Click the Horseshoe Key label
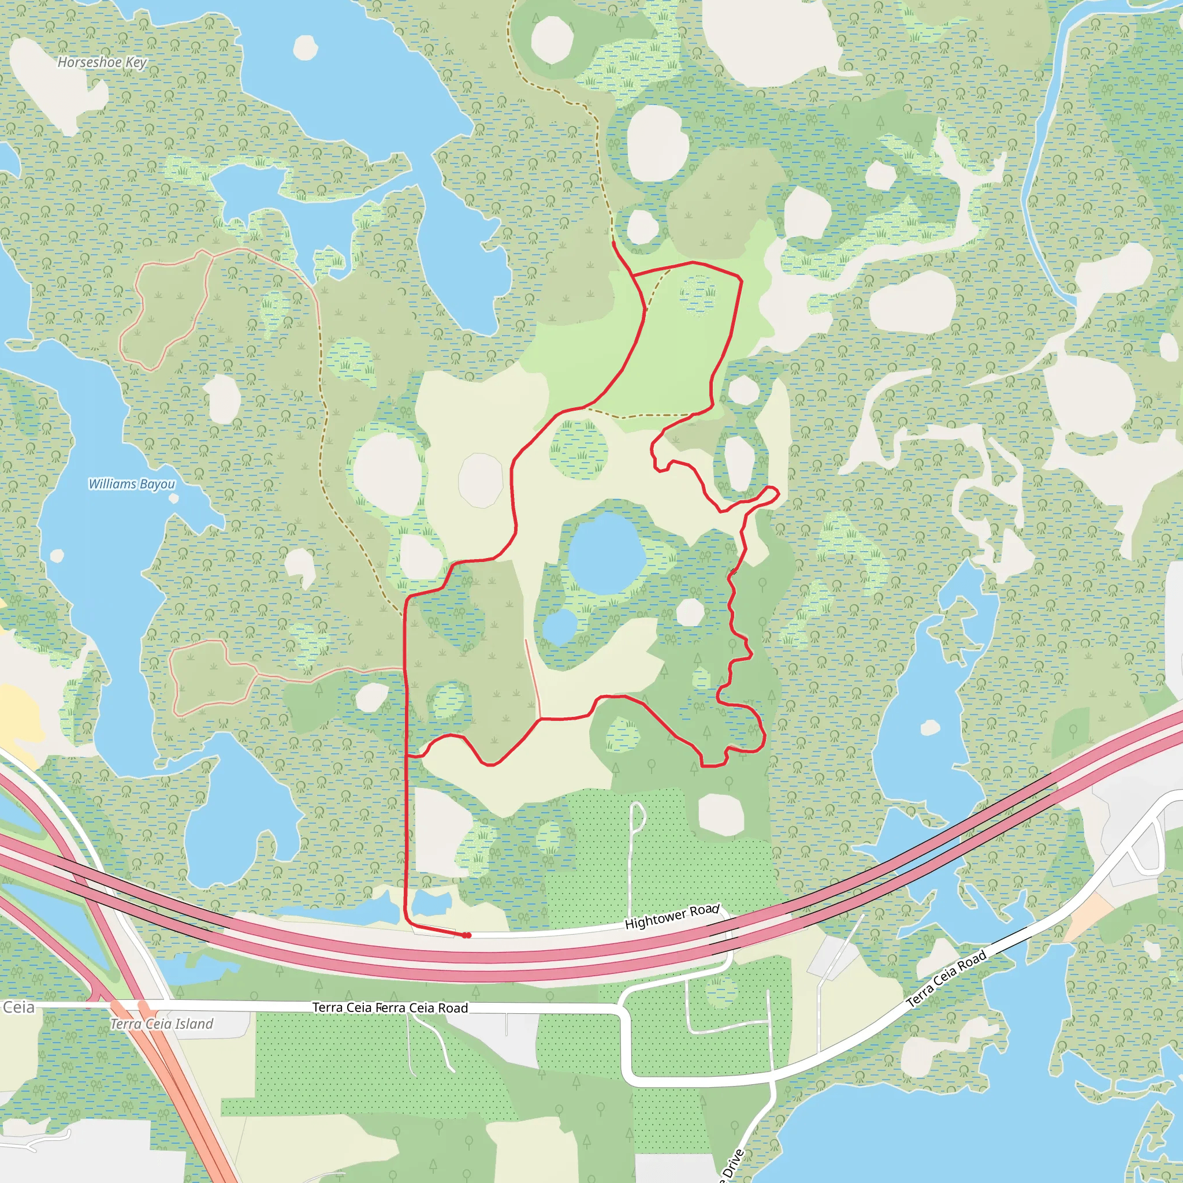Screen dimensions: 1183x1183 102,62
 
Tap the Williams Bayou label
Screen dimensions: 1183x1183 132,484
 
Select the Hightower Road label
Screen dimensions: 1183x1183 672,917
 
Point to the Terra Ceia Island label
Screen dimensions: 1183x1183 162,1024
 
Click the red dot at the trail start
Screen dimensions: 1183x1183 467,935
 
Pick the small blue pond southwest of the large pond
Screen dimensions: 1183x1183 560,626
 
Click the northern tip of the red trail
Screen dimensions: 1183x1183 613,243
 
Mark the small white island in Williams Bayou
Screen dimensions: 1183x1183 174,499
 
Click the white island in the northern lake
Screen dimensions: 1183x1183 305,47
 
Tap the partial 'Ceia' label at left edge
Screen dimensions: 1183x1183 18,1008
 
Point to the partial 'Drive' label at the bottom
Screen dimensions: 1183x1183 732,1166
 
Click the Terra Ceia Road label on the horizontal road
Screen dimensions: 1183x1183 390,1008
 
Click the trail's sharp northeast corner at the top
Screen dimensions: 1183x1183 741,279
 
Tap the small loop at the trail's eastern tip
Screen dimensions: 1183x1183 772,492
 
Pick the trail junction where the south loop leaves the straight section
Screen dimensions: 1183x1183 407,757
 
